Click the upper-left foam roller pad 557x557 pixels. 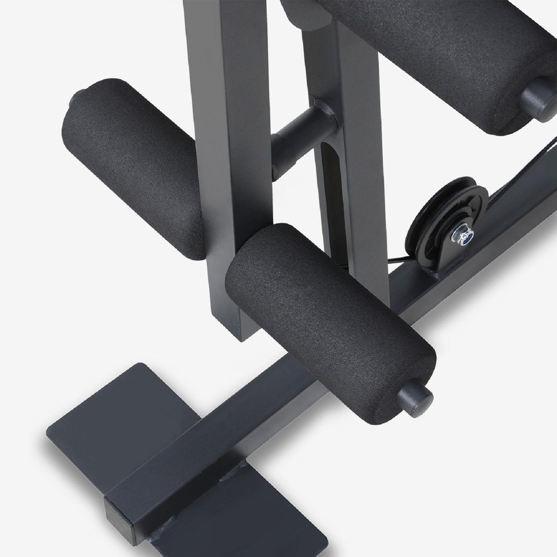pyautogui.click(x=130, y=167)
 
